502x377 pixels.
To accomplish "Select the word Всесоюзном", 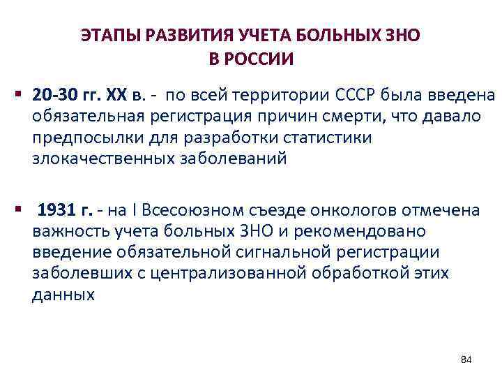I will [182, 210].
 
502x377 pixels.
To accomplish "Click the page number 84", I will [466, 360].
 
